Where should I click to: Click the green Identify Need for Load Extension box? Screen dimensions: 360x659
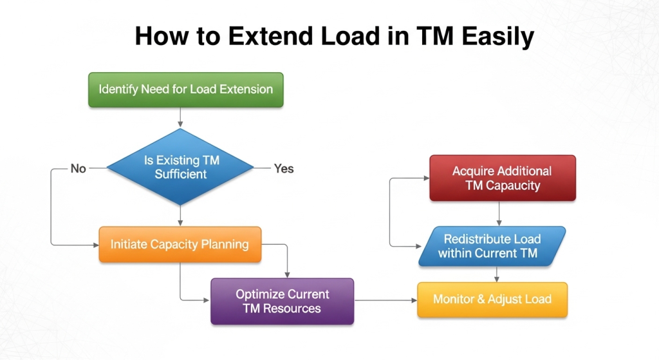click(185, 90)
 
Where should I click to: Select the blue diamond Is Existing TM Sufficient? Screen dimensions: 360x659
click(180, 167)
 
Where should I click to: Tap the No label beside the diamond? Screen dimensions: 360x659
click(78, 169)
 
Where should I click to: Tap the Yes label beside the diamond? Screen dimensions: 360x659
click(283, 169)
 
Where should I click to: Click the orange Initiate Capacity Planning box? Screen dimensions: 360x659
click(180, 244)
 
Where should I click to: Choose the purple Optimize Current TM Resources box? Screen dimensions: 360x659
click(282, 301)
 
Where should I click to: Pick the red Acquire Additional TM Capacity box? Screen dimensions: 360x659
click(502, 178)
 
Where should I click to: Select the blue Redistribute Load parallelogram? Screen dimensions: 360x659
click(492, 246)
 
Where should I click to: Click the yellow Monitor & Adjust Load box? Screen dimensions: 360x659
click(492, 299)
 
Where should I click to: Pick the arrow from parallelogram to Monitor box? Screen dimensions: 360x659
click(496, 274)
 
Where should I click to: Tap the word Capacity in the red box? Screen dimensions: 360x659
click(512, 185)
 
